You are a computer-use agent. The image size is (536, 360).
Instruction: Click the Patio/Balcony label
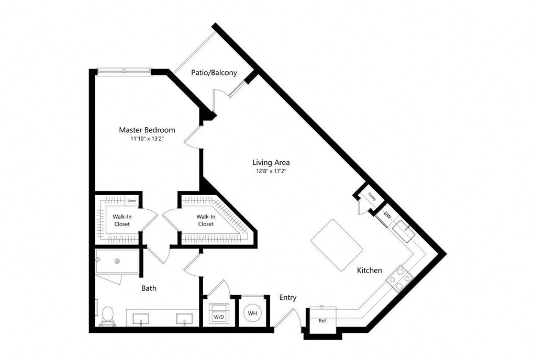coord(214,73)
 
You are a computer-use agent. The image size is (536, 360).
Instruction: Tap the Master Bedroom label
coord(147,130)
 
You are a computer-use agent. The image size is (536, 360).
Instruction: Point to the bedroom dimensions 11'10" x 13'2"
coord(147,139)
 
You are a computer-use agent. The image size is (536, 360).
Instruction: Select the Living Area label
coord(271,162)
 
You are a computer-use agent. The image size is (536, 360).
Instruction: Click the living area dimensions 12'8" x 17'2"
coord(271,171)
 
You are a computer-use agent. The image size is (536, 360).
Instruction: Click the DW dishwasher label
coord(387,215)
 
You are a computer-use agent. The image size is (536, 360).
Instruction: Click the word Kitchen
coord(370,271)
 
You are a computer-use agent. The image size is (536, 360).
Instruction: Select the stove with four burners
coord(399,278)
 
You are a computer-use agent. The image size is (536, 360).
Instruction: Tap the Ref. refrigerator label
coord(323,321)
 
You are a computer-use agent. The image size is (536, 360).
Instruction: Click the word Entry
coord(288,298)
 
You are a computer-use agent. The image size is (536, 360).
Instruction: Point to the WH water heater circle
coord(253,313)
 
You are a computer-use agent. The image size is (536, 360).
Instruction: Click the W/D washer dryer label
coord(218,317)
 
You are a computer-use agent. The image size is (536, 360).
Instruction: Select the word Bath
coord(149,288)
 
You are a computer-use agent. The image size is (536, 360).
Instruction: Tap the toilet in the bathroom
coord(108,316)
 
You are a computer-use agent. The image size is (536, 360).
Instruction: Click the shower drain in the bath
coord(118,261)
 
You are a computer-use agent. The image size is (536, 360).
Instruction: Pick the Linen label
coord(132,201)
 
